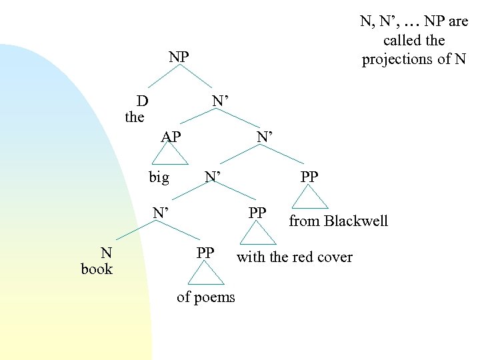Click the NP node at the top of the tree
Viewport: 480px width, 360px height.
[x=178, y=57]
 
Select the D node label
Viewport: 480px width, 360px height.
[x=142, y=101]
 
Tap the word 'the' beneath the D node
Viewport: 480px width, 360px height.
[x=135, y=117]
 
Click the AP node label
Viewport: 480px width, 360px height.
[x=171, y=137]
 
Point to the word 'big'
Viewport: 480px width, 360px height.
[x=159, y=177]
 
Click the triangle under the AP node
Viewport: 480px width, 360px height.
[x=171, y=157]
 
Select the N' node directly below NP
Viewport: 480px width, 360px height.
[x=221, y=101]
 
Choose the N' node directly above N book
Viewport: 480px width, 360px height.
[x=160, y=213]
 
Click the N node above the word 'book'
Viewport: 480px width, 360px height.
[x=106, y=253]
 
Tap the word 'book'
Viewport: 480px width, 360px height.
[x=97, y=269]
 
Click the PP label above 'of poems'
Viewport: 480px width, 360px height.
[x=205, y=253]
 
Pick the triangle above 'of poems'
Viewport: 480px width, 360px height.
[x=205, y=274]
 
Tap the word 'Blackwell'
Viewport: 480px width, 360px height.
[x=355, y=221]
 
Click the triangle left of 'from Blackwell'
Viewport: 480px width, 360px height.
[x=310, y=197]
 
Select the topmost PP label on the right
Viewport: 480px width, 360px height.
[x=309, y=177]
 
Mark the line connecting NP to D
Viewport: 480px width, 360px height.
[x=162, y=78]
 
